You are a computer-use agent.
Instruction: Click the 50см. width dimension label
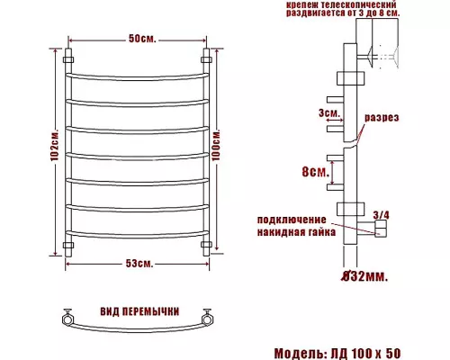pos(142,39)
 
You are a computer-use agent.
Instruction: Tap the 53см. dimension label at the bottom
pos(139,264)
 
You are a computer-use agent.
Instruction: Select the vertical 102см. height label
pos(55,146)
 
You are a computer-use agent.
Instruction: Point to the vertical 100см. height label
pos(217,145)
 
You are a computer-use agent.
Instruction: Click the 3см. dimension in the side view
pos(329,112)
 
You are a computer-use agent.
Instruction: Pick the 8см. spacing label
pos(316,172)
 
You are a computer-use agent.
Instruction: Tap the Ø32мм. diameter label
pos(364,276)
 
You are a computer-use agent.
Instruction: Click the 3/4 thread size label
pos(381,215)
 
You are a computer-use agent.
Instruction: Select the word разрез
pos(382,117)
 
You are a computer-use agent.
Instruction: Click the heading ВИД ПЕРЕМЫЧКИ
pos(139,311)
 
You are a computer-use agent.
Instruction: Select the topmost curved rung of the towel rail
pos(138,78)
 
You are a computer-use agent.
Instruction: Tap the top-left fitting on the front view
pos(68,59)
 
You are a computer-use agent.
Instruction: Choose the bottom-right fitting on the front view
pos(206,245)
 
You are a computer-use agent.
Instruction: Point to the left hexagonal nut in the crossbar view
pos(67,319)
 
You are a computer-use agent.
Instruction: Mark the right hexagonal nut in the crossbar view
pos(207,319)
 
